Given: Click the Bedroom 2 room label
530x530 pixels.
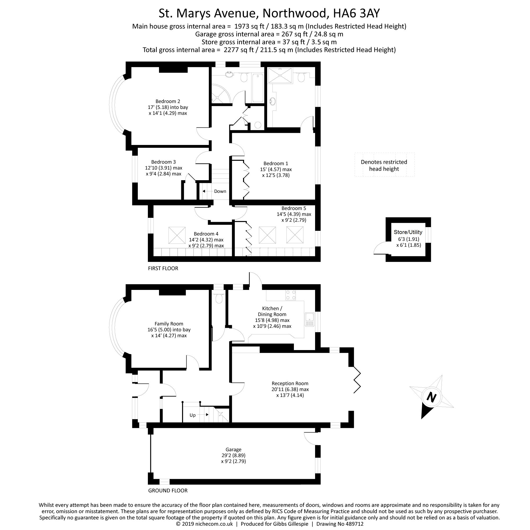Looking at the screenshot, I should tap(168, 101).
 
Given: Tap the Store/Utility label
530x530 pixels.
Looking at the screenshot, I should tap(408, 232).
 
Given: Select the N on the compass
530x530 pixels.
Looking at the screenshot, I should tap(431, 397).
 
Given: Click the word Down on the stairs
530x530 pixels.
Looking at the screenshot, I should tap(220, 191).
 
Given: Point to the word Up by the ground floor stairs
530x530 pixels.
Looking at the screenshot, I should tap(193, 415).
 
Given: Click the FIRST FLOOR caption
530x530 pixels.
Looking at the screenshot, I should tap(163, 268).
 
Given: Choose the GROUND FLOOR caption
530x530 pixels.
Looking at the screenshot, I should tap(168, 491).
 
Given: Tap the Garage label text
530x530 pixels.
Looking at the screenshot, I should tap(233, 449).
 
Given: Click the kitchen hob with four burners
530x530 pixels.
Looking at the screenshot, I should tap(291, 295).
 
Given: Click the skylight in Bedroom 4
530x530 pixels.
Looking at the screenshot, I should tap(177, 235).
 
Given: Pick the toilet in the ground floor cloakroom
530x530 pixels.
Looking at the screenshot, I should tap(219, 299).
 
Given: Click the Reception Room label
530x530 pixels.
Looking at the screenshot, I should tap(290, 383).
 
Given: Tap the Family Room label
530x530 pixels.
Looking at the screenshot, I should tap(169, 324).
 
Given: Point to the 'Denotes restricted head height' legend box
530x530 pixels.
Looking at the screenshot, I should tap(384, 165).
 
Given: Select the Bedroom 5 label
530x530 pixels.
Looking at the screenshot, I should tap(294, 208).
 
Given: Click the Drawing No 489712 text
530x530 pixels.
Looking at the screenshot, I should tap(340, 524).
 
